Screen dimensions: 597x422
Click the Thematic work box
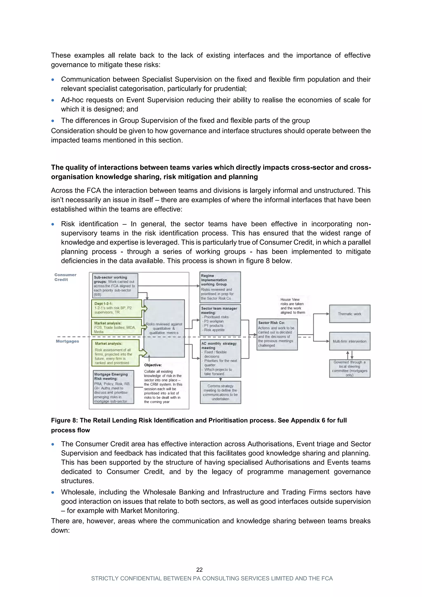[349, 314]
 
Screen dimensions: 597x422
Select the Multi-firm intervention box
[349, 341]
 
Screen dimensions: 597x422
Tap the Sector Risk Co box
[277, 334]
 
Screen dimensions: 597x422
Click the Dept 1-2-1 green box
[116, 308]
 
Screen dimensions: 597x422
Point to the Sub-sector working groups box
[115, 286]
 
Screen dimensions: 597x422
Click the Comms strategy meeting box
[220, 392]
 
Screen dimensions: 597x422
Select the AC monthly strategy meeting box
[220, 358]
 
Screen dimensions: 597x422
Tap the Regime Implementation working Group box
[220, 287]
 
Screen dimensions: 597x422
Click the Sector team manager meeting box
[220, 320]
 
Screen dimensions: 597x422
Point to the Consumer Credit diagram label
[65, 277]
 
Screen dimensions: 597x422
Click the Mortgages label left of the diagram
[67, 341]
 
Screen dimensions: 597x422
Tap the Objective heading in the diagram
[153, 365]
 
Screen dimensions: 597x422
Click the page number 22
[199, 570]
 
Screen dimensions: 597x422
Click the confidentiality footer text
[212, 578]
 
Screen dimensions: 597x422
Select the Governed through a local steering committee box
[349, 368]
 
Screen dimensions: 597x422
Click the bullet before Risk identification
[53, 224]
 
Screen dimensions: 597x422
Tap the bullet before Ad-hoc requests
[53, 100]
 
